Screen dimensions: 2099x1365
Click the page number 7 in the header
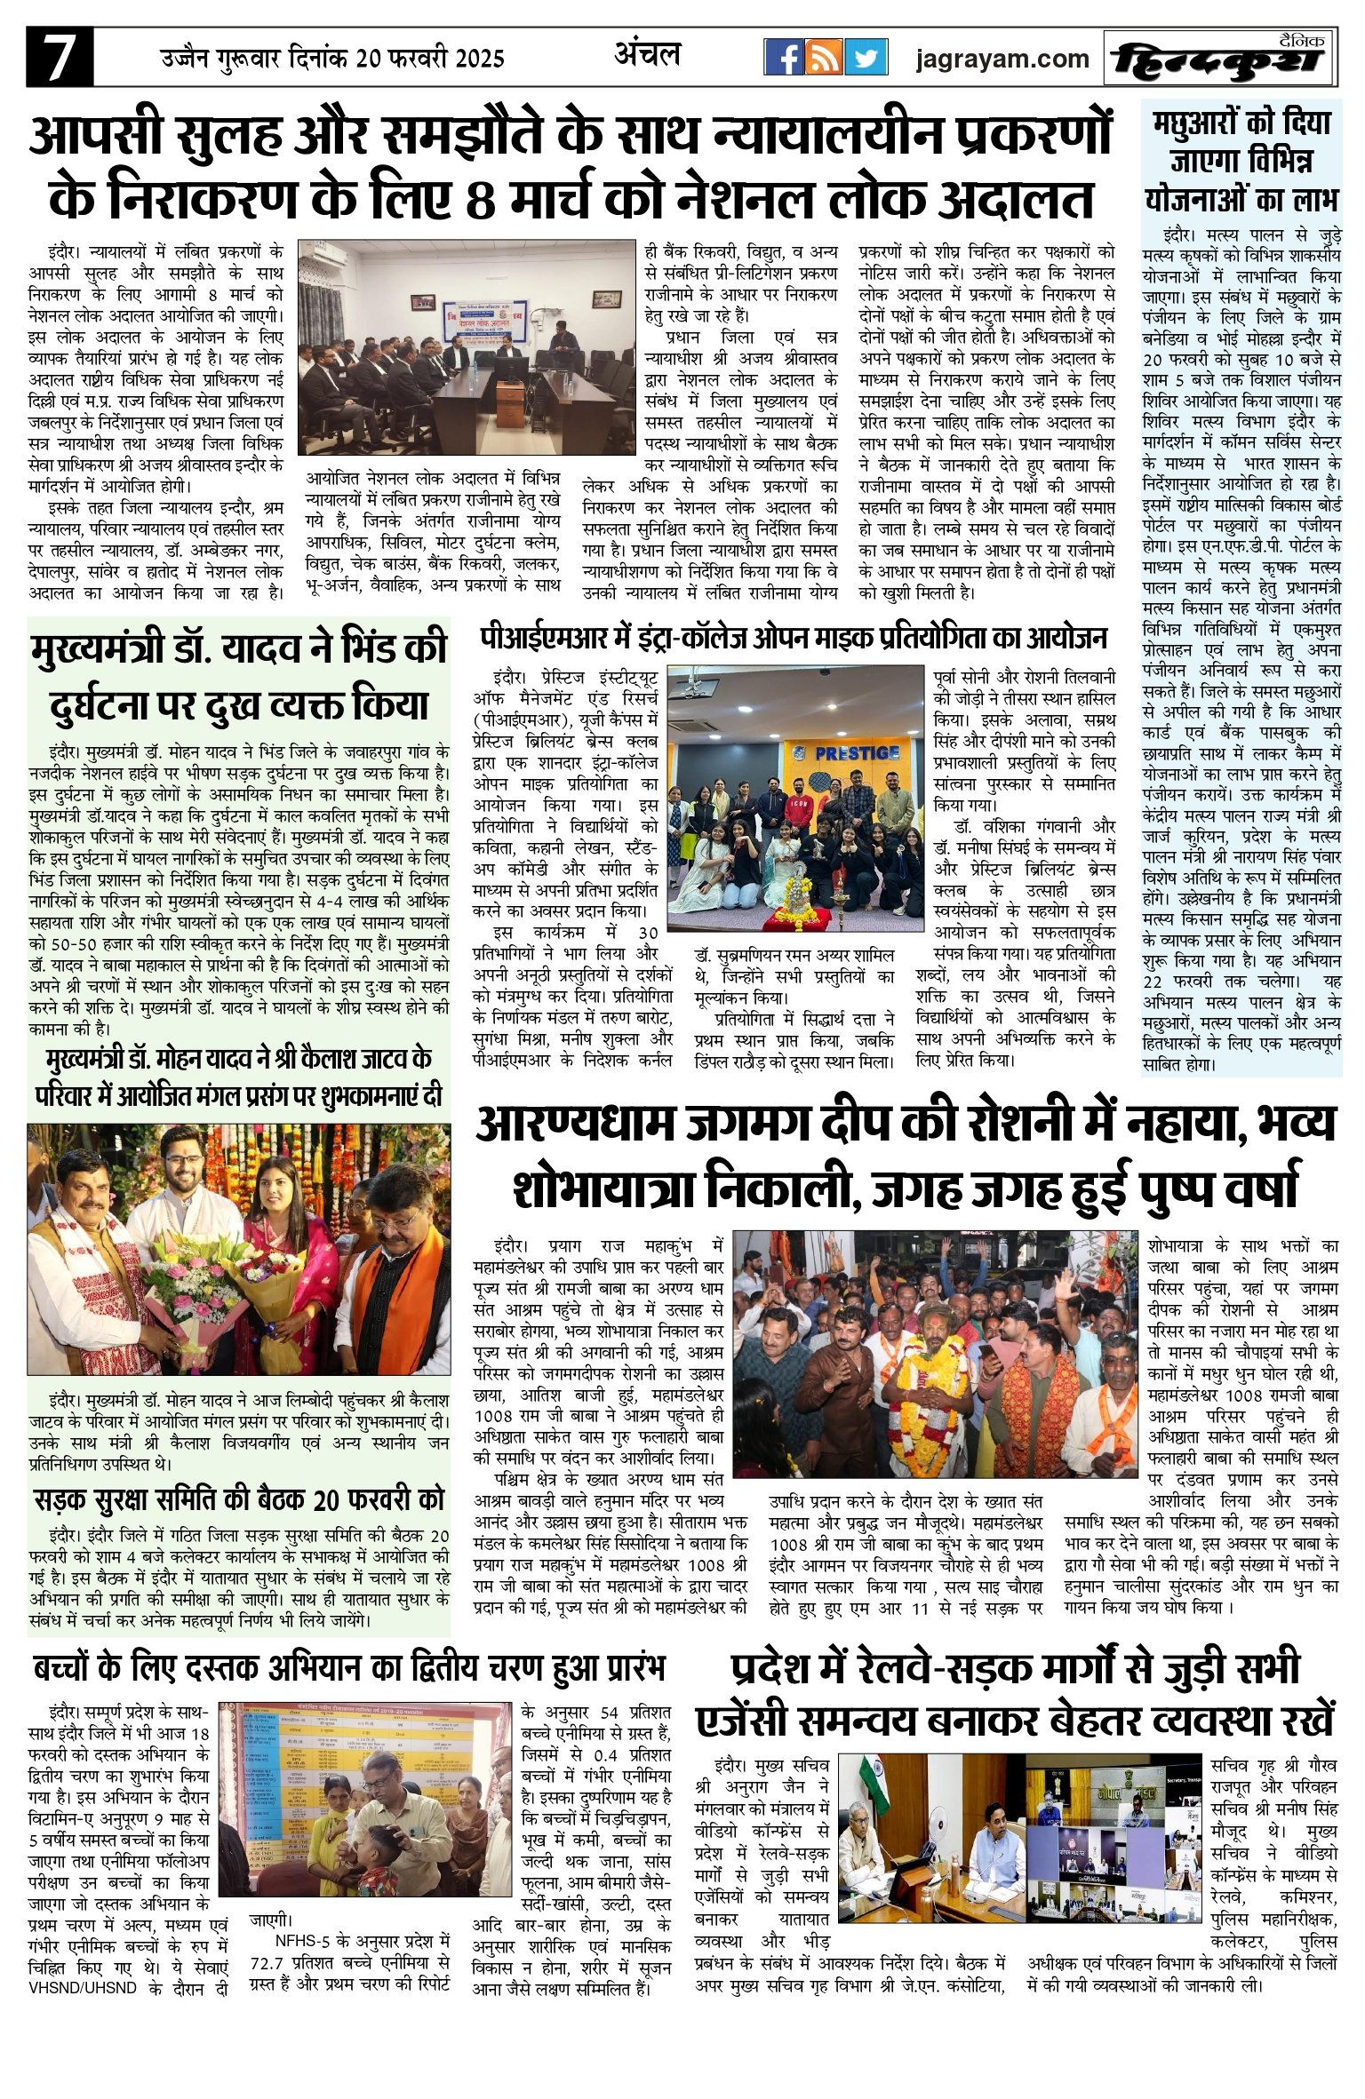[60, 58]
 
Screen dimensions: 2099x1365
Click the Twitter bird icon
[866, 58]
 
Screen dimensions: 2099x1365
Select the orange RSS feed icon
[824, 58]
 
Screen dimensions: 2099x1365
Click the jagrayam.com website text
[1002, 59]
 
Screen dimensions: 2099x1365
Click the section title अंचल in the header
[648, 55]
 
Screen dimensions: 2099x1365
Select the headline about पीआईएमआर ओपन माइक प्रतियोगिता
[793, 638]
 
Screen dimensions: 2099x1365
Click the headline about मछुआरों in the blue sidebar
[1241, 161]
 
